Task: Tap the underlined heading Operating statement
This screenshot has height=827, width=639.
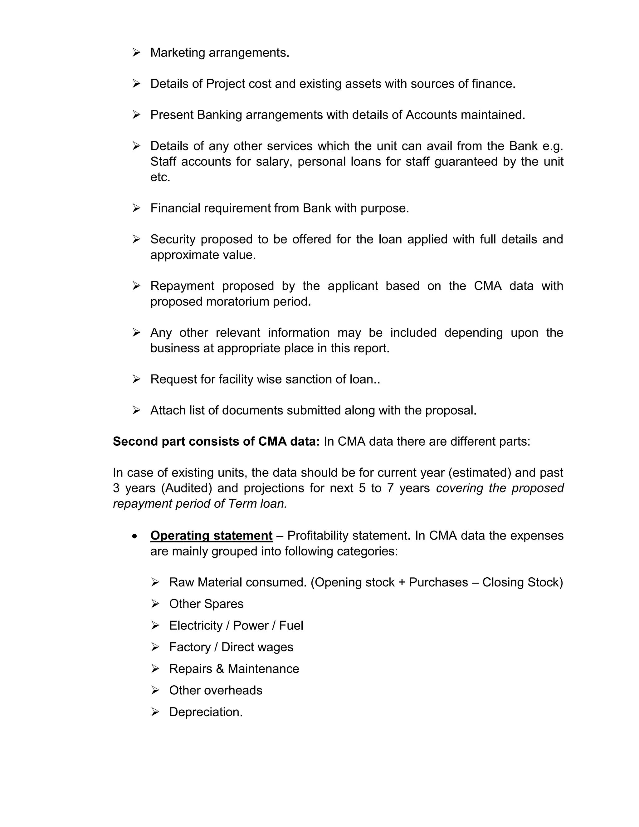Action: coord(211,536)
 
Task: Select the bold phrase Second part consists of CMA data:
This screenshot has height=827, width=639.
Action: coord(216,442)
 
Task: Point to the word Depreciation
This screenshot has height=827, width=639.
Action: coord(205,712)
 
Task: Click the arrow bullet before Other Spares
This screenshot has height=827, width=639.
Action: coord(155,604)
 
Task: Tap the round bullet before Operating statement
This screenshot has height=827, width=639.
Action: coord(135,536)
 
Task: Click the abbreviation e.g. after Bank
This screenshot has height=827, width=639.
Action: coord(553,146)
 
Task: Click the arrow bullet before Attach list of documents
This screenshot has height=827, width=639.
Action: coord(136,410)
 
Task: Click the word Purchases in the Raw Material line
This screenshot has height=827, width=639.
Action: coord(438,582)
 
